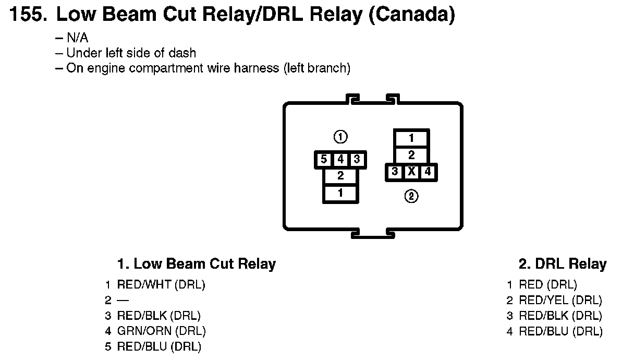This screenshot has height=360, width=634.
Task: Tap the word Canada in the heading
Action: pyautogui.click(x=411, y=14)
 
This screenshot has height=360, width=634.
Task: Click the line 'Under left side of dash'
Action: pyautogui.click(x=131, y=53)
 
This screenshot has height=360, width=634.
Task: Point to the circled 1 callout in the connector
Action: pyautogui.click(x=340, y=137)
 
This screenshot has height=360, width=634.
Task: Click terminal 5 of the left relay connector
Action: pyautogui.click(x=324, y=159)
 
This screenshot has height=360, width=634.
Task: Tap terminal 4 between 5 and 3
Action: pyautogui.click(x=340, y=159)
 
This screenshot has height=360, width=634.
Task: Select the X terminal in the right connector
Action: pyautogui.click(x=411, y=171)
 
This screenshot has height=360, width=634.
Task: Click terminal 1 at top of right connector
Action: pyautogui.click(x=411, y=138)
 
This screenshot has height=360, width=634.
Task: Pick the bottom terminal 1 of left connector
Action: pyautogui.click(x=340, y=193)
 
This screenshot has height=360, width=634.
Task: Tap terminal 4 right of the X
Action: pyautogui.click(x=428, y=171)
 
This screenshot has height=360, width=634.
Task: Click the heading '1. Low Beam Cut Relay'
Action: pyautogui.click(x=196, y=263)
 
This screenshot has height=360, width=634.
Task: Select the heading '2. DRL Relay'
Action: pyautogui.click(x=562, y=263)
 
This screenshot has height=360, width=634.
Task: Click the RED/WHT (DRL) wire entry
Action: pyautogui.click(x=161, y=285)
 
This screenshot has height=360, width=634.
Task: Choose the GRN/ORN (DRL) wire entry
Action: pyautogui.click(x=161, y=331)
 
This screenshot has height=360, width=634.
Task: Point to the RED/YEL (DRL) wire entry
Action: pyautogui.click(x=560, y=300)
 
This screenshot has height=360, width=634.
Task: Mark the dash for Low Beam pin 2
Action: pyautogui.click(x=123, y=300)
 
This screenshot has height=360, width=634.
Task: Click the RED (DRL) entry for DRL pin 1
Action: pyautogui.click(x=547, y=285)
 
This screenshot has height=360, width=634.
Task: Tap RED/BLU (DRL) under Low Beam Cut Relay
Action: pyautogui.click(x=159, y=346)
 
